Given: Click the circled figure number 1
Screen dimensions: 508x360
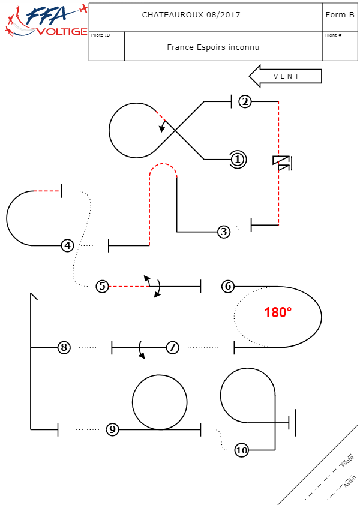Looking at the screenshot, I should tap(238, 160).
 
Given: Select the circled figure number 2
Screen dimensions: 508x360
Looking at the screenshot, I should tap(244, 101).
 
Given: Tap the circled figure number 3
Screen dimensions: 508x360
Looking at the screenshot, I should tap(224, 232).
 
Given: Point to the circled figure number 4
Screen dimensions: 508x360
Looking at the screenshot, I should tap(67, 245).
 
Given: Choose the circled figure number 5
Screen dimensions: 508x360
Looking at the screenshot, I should tap(103, 287).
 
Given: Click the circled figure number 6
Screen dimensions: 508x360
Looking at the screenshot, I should tap(227, 287).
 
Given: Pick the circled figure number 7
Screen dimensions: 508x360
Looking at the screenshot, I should tap(172, 347).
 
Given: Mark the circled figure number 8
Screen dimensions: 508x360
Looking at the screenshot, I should tap(64, 347).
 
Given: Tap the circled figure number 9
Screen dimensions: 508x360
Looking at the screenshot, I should tap(112, 429).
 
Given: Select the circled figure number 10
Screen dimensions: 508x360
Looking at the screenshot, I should tap(241, 450).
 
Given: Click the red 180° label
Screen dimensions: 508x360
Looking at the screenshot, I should tap(278, 312).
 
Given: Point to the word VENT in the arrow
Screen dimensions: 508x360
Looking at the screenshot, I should tap(286, 77).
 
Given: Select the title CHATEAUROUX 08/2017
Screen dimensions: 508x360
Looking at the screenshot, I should tap(191, 15).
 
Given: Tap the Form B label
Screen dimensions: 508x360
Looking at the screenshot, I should tap(340, 15).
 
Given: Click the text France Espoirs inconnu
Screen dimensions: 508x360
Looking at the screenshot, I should tap(213, 47).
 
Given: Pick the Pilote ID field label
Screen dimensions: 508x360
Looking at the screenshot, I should tap(100, 35).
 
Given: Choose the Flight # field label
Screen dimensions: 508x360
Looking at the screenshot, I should tap(333, 35).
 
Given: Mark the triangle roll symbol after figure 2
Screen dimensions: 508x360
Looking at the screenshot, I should tap(281, 163).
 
